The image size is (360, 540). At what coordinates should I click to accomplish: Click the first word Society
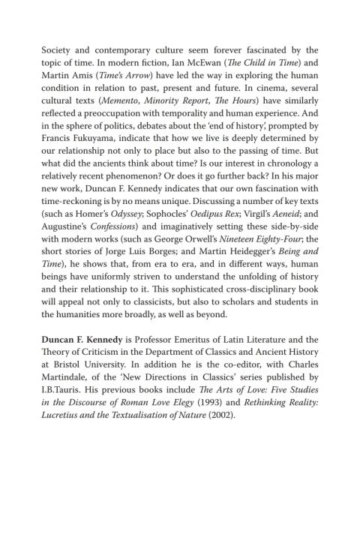point(60,50)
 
